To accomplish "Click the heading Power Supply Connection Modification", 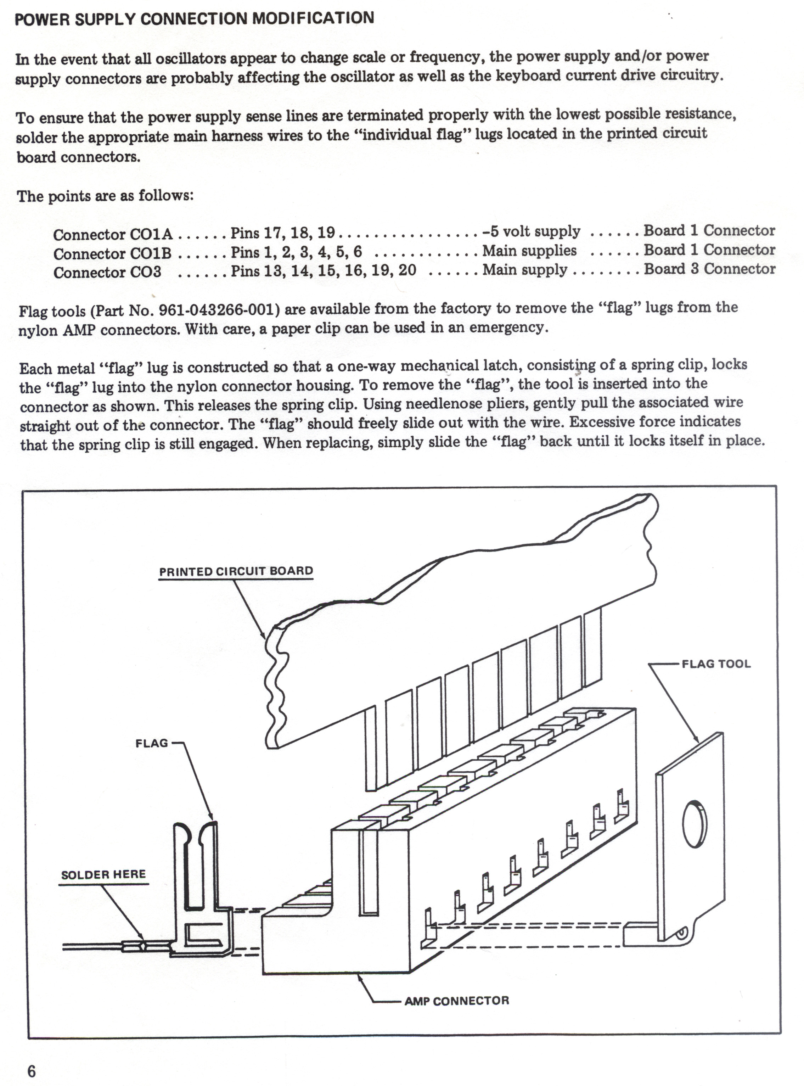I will pos(194,18).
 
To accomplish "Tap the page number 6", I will pos(32,1071).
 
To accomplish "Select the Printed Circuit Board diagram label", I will pos(236,571).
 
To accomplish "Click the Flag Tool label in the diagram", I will pos(716,664).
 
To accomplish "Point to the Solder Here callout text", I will pos(103,875).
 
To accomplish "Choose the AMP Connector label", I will pos(456,1001).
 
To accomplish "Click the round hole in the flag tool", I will pos(695,823).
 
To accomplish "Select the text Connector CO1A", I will pos(113,235).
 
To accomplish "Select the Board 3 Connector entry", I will pos(709,269).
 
